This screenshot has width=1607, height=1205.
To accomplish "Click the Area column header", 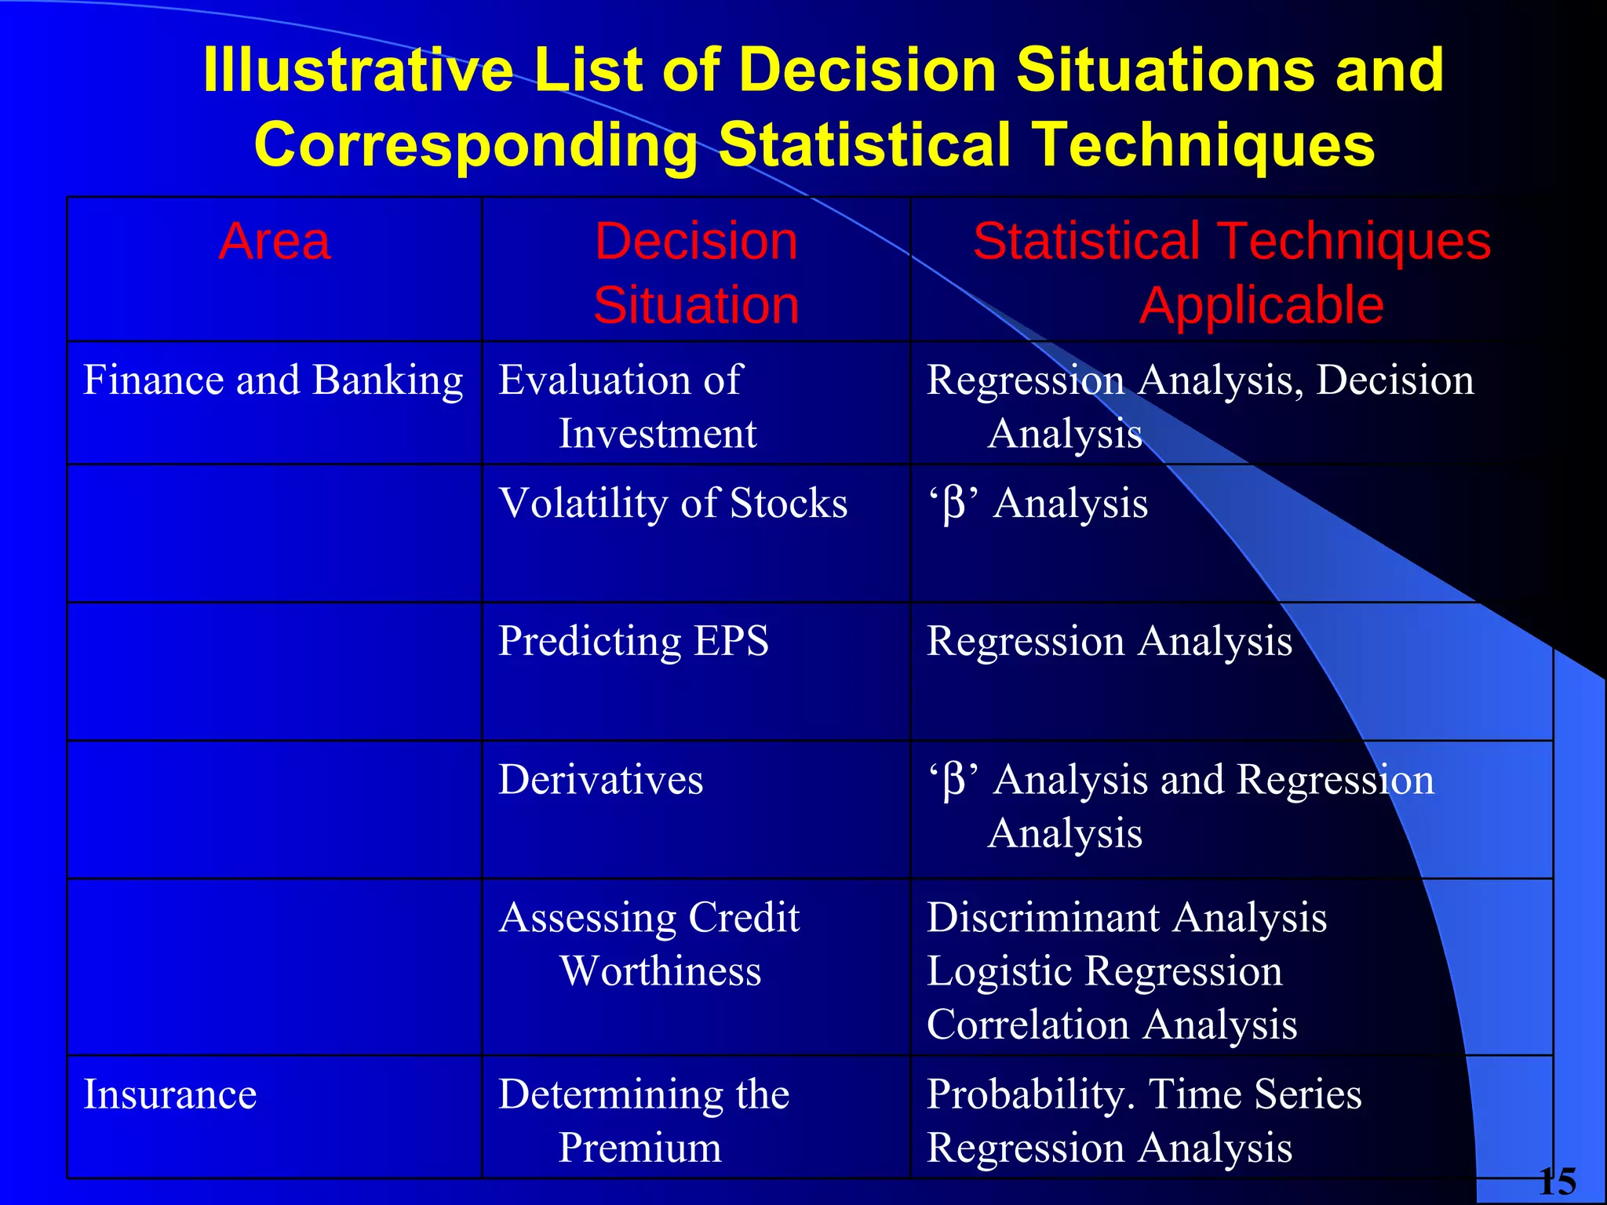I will [x=275, y=242].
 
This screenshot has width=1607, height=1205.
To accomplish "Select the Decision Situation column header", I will [x=696, y=272].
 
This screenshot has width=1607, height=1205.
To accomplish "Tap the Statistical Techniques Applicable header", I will [x=1232, y=272].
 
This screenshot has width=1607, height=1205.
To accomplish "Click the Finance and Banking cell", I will [x=273, y=380].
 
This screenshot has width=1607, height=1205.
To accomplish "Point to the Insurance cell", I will [x=170, y=1094].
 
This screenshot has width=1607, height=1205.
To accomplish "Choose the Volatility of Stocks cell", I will [x=673, y=503].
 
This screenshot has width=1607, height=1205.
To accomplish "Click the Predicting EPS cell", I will [x=633, y=641].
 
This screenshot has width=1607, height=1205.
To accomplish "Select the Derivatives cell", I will [x=601, y=780].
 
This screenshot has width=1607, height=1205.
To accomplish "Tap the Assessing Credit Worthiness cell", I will [x=650, y=944].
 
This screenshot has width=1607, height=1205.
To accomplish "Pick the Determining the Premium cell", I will [x=643, y=1120].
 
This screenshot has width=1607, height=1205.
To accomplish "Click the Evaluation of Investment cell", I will [x=628, y=406].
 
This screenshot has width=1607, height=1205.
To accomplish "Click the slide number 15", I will [x=1557, y=1181].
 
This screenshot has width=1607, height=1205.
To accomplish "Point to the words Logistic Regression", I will [x=1105, y=971].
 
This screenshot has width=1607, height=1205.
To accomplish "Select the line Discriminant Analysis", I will [x=1127, y=918].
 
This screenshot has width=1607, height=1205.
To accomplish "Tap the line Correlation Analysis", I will [x=1112, y=1025].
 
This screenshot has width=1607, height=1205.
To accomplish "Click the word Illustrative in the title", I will [x=357, y=71].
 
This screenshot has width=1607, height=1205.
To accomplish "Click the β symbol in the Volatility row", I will [x=953, y=504].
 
